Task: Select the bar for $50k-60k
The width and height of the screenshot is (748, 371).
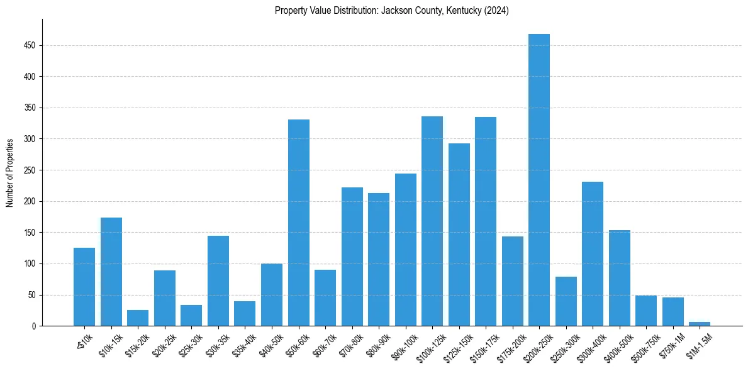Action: coord(299,223)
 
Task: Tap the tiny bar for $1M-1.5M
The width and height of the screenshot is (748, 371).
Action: coord(700,324)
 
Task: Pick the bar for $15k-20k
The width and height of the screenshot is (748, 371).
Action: coord(138,318)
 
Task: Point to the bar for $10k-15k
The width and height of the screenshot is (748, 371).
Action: coord(111,272)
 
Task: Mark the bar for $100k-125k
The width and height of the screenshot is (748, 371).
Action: coord(432,221)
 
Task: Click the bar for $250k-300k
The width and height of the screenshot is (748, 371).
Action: coord(566,301)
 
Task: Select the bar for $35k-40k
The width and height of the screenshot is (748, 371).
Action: coord(245,314)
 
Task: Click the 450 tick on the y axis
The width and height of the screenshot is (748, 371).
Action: coord(30,46)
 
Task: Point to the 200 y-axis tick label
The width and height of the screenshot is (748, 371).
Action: coord(30,201)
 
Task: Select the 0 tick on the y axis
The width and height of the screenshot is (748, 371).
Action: coord(33,326)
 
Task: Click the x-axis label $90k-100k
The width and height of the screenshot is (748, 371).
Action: coord(403,345)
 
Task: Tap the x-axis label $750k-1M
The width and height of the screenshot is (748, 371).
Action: coord(671,345)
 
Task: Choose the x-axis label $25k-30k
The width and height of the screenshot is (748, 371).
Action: coord(189,345)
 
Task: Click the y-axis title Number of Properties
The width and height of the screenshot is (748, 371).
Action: coord(9,173)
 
